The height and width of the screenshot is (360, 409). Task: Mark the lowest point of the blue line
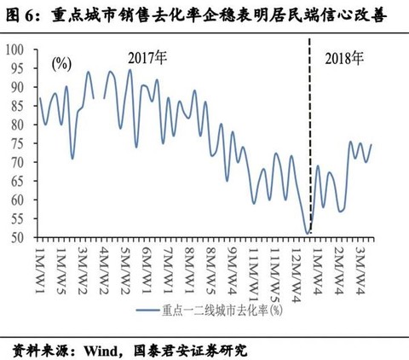308,233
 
